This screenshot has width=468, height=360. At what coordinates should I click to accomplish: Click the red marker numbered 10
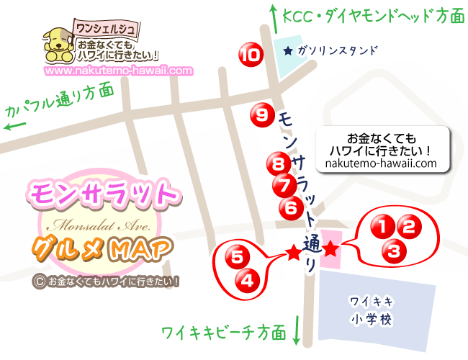[x=250, y=54]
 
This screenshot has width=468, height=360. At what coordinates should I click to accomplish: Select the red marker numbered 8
[x=276, y=163]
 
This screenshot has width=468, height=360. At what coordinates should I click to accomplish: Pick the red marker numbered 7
[x=284, y=185]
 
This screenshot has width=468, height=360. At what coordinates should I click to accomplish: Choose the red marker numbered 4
[x=246, y=279]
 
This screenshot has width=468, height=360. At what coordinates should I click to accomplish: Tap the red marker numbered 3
[x=393, y=251]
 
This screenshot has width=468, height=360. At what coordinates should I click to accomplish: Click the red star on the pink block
[x=330, y=250]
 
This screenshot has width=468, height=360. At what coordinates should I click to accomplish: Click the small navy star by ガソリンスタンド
[x=289, y=51]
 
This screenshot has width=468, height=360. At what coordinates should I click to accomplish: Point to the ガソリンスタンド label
[x=337, y=51]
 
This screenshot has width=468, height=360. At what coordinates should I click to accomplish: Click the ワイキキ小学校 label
[x=372, y=310]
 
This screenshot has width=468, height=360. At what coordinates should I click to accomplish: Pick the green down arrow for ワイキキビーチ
[x=297, y=332]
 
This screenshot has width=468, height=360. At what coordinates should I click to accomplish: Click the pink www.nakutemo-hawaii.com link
[x=119, y=71]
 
